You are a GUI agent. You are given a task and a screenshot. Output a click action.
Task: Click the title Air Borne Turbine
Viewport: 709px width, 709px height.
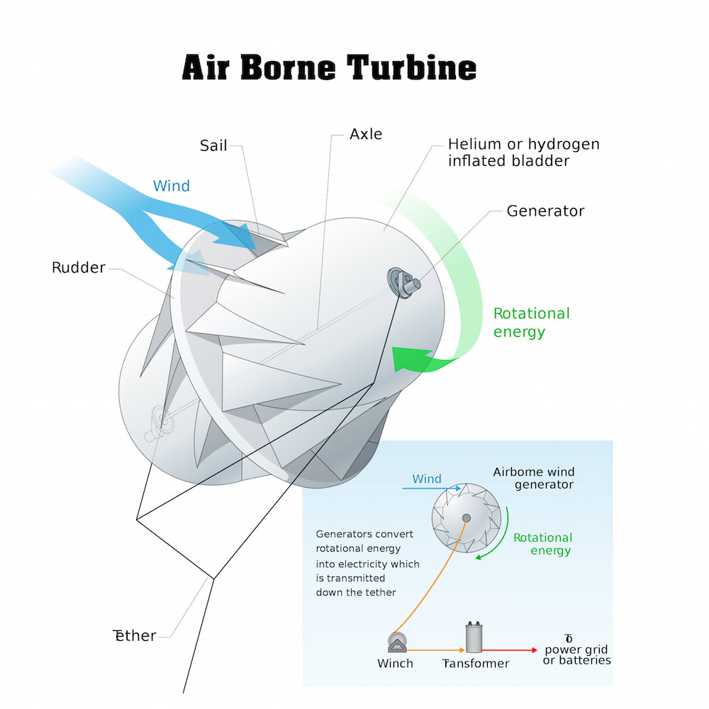click(x=329, y=67)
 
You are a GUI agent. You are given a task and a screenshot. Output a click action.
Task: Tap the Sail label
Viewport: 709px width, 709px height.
click(x=213, y=145)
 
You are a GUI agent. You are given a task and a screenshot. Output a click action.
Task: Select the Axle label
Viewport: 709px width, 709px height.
click(x=366, y=134)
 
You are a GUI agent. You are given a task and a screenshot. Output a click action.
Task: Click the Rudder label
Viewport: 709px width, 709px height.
click(x=79, y=267)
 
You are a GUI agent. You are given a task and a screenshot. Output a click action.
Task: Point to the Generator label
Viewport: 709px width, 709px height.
click(x=545, y=211)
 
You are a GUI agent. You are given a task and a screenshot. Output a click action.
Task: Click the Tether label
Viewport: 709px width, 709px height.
click(x=134, y=635)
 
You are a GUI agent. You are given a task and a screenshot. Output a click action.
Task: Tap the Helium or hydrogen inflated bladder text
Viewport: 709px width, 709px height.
click(x=524, y=152)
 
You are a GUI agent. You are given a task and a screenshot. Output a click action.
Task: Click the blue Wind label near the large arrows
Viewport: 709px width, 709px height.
click(x=172, y=186)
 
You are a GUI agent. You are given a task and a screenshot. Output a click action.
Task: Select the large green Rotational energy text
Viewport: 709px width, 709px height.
click(x=531, y=323)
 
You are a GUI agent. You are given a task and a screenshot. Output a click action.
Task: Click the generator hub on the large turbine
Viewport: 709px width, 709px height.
click(x=403, y=283)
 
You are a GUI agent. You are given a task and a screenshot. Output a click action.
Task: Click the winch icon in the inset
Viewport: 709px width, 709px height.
click(x=397, y=643)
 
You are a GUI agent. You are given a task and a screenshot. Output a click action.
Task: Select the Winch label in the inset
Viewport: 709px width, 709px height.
click(x=395, y=664)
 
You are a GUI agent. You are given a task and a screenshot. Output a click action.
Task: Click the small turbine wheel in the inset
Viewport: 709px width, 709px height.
click(x=467, y=518)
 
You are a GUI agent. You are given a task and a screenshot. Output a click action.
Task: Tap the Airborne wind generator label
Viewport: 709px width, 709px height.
click(x=534, y=478)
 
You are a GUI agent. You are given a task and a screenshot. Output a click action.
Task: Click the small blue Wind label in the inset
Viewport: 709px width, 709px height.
click(x=426, y=479)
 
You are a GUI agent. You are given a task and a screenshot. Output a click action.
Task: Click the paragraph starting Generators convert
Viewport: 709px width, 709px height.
click(x=367, y=563)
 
